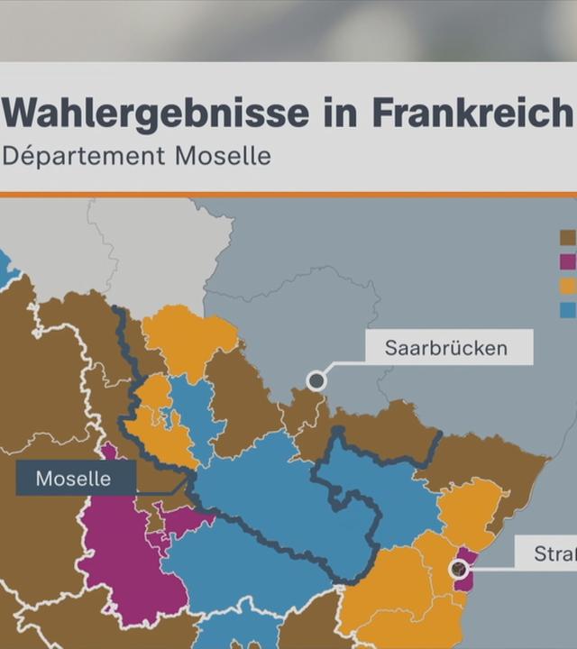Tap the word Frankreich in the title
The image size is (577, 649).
tap(472, 114)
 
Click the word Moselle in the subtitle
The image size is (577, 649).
tap(223, 155)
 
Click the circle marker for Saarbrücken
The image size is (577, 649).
tap(316, 380)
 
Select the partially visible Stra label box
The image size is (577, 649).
tap(547, 553)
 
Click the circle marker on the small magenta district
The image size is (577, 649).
tap(459, 569)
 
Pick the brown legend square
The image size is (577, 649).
tap(568, 238)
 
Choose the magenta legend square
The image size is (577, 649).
tap(568, 261)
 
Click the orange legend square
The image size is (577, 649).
tap(568, 286)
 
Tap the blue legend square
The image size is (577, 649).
tap(568, 309)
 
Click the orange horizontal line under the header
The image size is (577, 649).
tap(288, 194)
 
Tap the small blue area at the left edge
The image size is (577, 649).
tap(6, 266)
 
